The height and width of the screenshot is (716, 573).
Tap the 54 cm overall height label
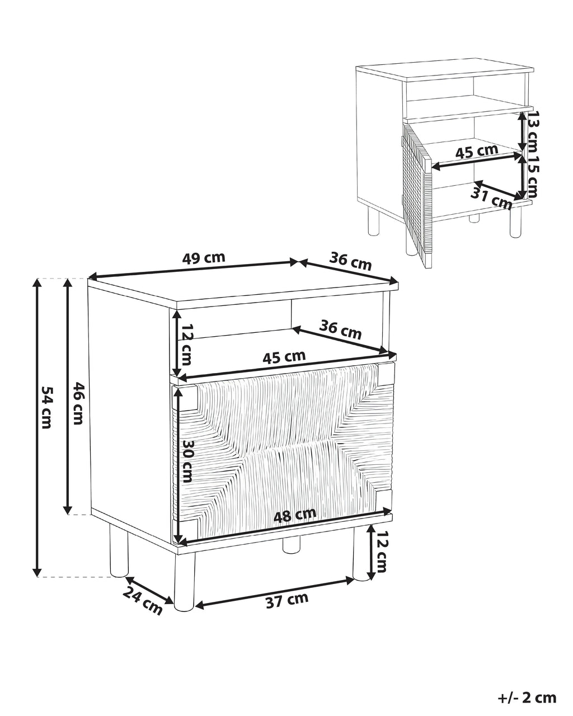tap(46, 407)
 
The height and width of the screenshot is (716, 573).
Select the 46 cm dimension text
tap(77, 403)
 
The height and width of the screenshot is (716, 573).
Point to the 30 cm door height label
tap(187, 461)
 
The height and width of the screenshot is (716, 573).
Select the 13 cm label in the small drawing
tap(532, 132)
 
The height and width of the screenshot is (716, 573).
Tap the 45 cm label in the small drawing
tap(476, 152)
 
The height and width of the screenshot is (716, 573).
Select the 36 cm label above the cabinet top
tap(350, 262)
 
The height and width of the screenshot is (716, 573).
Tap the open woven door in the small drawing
tap(416, 194)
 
